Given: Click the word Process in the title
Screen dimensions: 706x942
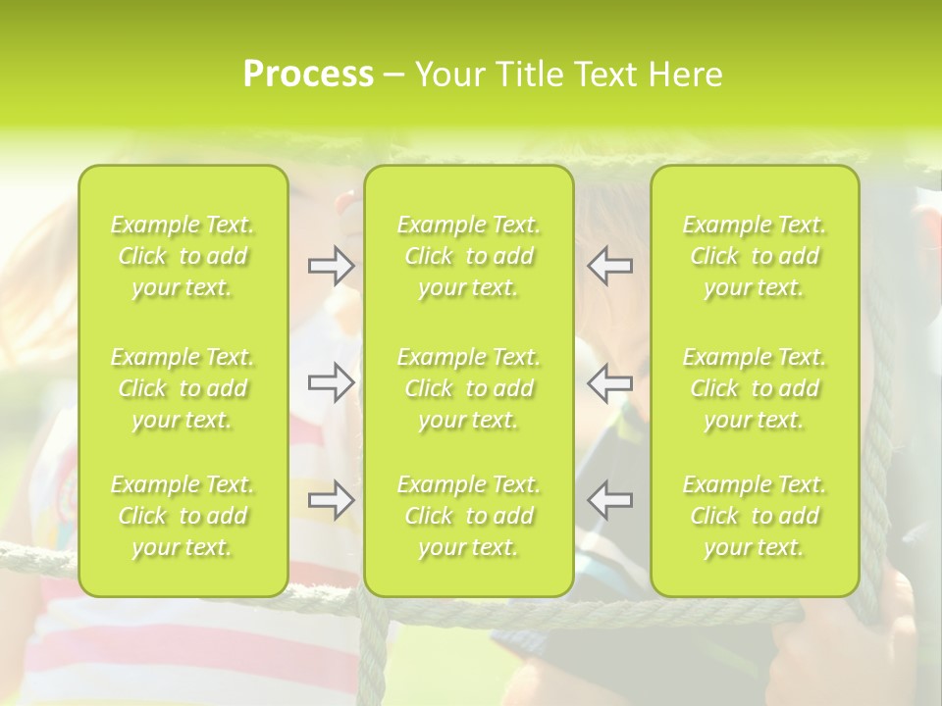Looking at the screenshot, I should click(308, 75).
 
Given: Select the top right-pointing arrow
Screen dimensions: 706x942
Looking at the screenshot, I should click(332, 266).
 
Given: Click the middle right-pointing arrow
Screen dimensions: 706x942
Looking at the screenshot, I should click(332, 382).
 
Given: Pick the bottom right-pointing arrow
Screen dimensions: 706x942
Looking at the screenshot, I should click(332, 501).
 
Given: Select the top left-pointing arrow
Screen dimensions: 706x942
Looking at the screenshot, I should click(610, 266).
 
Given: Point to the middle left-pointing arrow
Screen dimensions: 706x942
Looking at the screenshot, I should click(610, 382).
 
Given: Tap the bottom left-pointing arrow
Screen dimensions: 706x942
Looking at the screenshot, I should click(610, 501).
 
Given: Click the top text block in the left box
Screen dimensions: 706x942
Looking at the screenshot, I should click(183, 256).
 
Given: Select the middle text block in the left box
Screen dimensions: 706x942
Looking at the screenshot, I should click(183, 388).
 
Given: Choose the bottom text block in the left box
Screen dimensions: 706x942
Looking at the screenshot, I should click(183, 516).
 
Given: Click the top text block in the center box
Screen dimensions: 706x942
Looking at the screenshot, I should click(469, 256).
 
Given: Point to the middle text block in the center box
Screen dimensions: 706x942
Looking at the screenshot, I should click(469, 388).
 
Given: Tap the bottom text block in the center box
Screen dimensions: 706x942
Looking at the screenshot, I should click(469, 516).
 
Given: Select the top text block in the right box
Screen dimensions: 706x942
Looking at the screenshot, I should click(755, 256).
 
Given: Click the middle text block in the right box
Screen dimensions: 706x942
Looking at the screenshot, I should click(755, 388).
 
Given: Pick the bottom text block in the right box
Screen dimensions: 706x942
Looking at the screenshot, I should click(755, 516).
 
